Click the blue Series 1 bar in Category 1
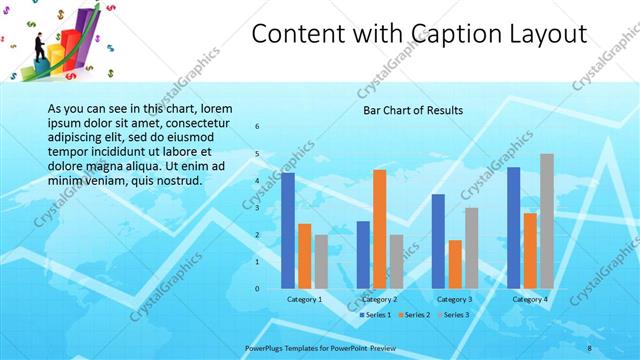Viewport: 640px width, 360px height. click(x=288, y=230)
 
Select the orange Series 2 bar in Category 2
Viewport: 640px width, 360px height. click(x=380, y=229)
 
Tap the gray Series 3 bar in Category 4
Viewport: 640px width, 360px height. click(x=546, y=221)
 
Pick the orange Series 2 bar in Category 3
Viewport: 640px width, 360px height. click(x=455, y=264)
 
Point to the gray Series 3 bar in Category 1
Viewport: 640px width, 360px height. click(x=320, y=261)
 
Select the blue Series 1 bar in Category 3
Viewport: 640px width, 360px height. click(x=438, y=241)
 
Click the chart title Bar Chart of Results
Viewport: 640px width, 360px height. click(x=412, y=110)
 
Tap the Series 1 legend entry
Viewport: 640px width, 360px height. click(x=376, y=315)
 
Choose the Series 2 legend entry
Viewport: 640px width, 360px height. click(x=415, y=315)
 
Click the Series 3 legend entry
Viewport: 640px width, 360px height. click(x=454, y=315)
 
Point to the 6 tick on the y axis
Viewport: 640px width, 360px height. click(x=257, y=127)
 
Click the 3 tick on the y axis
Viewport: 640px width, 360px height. click(x=257, y=208)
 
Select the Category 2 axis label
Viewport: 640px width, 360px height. click(x=380, y=299)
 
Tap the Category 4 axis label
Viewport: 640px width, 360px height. click(x=530, y=299)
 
